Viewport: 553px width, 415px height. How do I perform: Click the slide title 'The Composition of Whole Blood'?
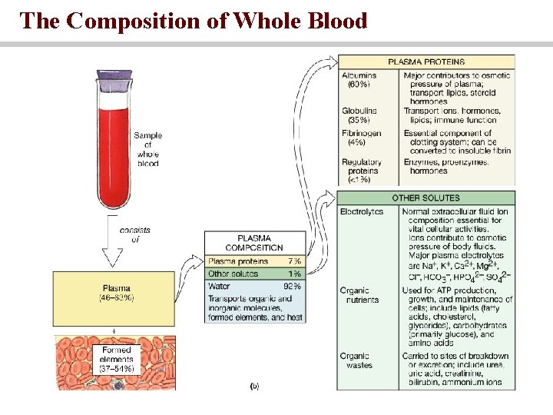pos(194,21)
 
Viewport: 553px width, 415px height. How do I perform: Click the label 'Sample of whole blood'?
pos(147,149)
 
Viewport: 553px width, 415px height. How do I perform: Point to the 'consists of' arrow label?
pos(134,234)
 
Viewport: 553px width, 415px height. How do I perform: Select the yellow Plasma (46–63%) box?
pos(116,292)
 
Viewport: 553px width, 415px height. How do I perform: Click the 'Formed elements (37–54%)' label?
pos(117,359)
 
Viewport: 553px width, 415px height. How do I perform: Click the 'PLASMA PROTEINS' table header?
pos(426,61)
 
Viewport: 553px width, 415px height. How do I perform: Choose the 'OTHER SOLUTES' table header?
pos(426,198)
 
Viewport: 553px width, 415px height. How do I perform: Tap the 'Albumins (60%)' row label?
pos(359,80)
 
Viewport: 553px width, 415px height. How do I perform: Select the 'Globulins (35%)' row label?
pos(359,115)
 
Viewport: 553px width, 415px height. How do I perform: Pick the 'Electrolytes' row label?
pos(361,211)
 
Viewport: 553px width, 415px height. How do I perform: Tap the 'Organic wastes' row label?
pos(356,360)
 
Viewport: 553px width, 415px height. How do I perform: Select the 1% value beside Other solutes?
pos(294,274)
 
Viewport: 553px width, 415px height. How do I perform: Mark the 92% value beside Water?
pos(292,286)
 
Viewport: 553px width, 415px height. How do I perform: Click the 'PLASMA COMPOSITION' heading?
pos(254,243)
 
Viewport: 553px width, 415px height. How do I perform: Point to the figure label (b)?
pos(254,386)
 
